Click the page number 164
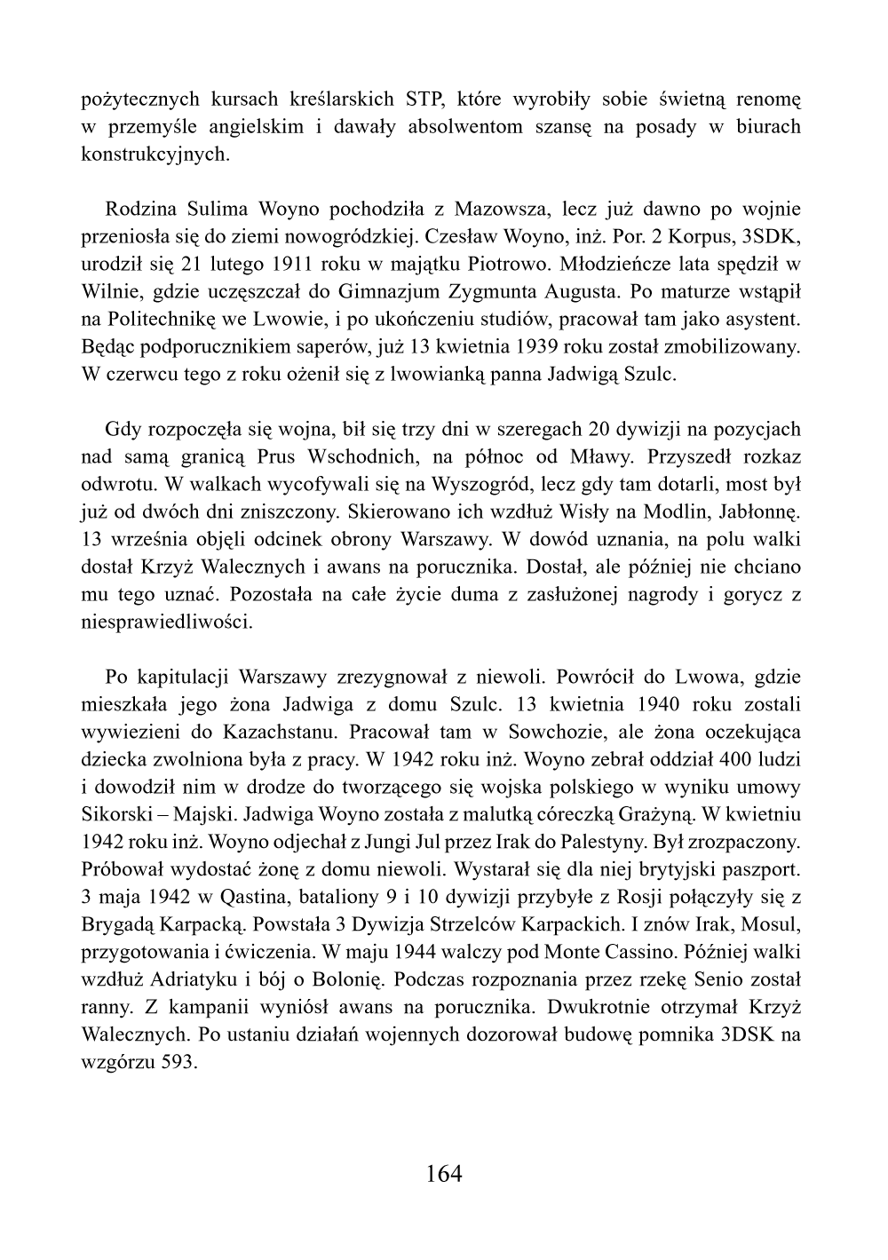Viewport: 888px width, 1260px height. pos(444,1174)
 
